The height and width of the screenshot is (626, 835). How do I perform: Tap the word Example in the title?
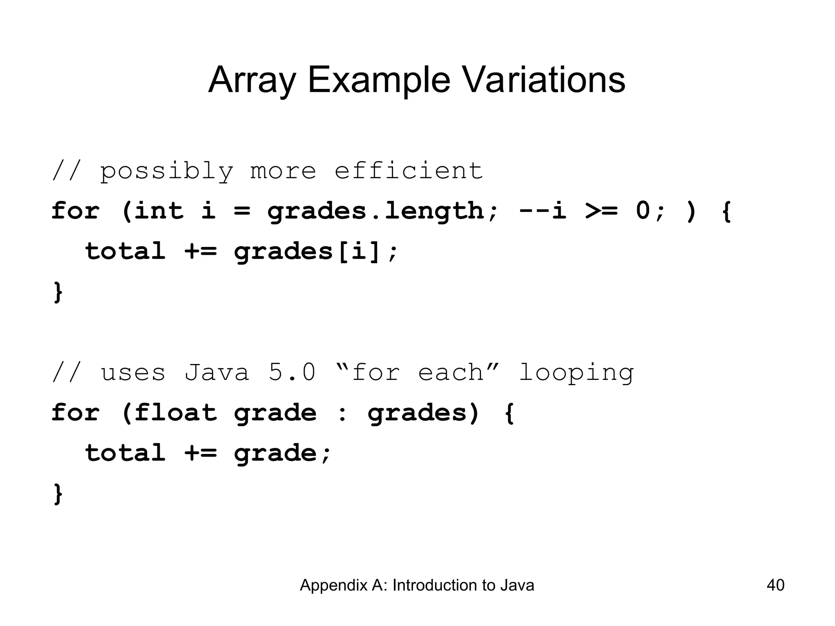click(x=379, y=80)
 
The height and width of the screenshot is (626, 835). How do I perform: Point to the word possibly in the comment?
click(x=167, y=171)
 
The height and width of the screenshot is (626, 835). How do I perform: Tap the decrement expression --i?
click(x=543, y=211)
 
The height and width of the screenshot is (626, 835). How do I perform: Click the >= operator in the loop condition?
click(x=601, y=211)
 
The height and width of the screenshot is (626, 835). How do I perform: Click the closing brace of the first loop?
click(x=58, y=292)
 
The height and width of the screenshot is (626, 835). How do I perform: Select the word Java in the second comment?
click(x=216, y=372)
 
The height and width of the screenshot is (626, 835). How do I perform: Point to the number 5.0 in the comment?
click(x=292, y=372)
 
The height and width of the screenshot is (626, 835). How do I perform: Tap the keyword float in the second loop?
click(x=175, y=412)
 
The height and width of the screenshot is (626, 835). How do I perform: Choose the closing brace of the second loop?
click(x=58, y=494)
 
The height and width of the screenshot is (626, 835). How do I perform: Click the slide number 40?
click(x=775, y=585)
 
